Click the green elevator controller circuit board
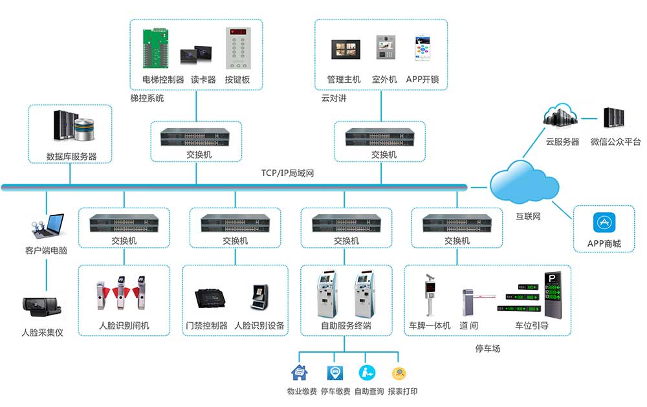[x=159, y=47]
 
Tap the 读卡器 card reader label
[x=203, y=80]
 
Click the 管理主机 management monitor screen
[x=344, y=50]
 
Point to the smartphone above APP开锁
[x=422, y=49]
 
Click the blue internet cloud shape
[x=524, y=184]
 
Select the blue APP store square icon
[x=604, y=223]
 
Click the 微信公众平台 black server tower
[x=613, y=118]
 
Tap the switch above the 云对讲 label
[x=380, y=137]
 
